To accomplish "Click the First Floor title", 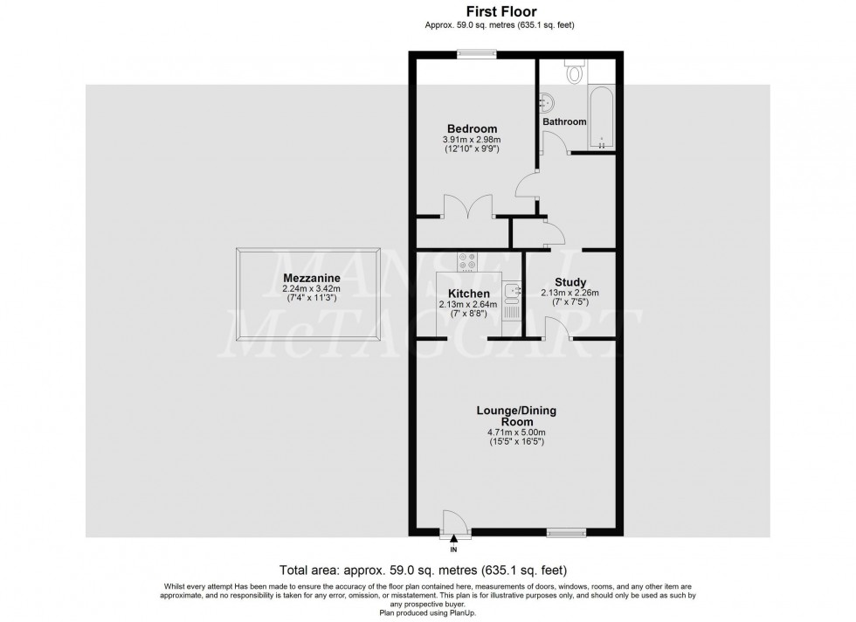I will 500,12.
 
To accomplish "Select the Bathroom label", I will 564,121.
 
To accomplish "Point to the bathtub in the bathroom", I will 602,116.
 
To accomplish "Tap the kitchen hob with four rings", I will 467,260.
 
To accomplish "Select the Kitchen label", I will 468,294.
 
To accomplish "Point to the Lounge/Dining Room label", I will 515,415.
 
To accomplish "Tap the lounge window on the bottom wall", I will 565,532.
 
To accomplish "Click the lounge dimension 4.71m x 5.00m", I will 516,432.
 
